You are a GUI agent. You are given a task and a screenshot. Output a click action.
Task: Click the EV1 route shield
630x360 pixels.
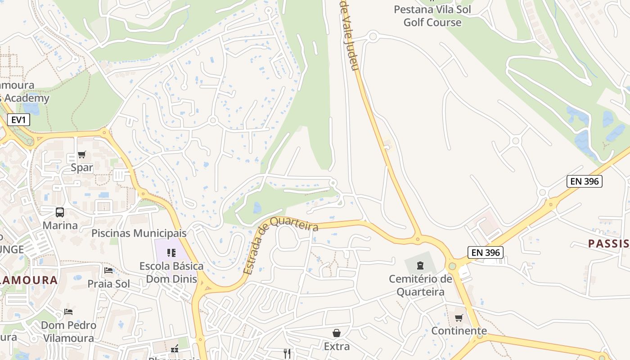[x=18, y=120]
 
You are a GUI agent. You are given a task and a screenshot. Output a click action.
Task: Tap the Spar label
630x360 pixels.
[x=82, y=168]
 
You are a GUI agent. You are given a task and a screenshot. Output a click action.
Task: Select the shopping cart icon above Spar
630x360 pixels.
[x=81, y=155]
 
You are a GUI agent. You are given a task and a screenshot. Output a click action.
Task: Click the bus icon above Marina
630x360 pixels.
[x=60, y=212]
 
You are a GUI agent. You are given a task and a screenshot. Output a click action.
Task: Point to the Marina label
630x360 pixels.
[x=60, y=225]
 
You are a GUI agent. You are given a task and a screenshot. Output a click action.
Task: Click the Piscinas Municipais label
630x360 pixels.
[x=139, y=233]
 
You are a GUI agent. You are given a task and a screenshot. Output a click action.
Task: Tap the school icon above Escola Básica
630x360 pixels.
[x=171, y=252]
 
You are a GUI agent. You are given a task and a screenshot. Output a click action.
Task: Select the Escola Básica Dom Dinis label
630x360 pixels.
[x=171, y=273]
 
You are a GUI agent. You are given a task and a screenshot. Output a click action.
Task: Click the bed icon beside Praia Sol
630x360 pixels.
[x=108, y=270]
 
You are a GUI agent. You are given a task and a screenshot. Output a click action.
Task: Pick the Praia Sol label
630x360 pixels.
[x=108, y=284]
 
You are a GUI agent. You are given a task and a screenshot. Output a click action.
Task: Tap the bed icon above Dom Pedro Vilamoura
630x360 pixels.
[x=68, y=311]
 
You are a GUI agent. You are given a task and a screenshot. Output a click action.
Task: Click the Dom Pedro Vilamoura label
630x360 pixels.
[x=68, y=332]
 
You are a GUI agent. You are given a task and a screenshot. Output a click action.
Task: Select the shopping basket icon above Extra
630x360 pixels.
[x=337, y=333]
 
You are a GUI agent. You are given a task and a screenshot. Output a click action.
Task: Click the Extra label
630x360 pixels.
[x=337, y=346]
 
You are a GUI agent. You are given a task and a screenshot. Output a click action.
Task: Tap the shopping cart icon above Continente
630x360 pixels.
[x=459, y=318]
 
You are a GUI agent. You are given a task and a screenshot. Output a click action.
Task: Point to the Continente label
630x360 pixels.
[x=459, y=331]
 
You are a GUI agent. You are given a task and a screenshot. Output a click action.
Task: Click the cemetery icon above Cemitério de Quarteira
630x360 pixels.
[x=420, y=265]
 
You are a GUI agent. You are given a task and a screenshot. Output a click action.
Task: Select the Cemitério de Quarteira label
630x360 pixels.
[x=420, y=285]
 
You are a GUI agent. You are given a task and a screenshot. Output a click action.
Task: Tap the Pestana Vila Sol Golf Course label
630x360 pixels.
[x=432, y=16]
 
